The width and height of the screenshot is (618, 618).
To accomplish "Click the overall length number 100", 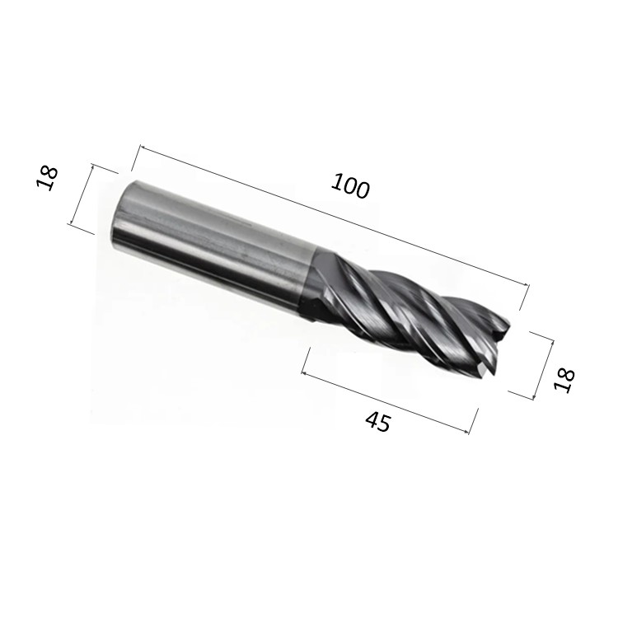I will click(x=350, y=185).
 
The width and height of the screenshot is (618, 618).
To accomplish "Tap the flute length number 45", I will click(x=377, y=422).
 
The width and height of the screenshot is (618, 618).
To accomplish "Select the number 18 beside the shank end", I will click(x=48, y=177).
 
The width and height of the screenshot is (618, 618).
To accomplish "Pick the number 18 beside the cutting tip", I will click(x=564, y=379).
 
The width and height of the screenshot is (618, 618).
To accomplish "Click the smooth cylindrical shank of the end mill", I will click(x=214, y=239).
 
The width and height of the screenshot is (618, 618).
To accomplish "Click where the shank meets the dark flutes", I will click(x=311, y=280).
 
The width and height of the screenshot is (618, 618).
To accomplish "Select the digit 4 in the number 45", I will click(x=371, y=419).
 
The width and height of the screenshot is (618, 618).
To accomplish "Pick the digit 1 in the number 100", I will click(x=336, y=180).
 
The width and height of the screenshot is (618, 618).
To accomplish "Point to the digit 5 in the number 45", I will click(x=384, y=425).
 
